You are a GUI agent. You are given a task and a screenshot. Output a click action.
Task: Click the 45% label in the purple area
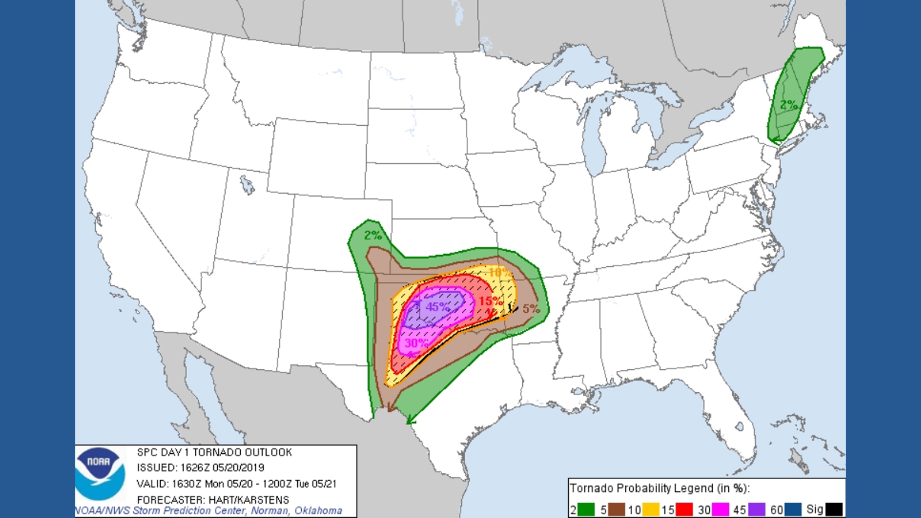(437, 307)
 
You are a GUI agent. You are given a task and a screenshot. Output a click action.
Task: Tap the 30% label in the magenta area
(416, 343)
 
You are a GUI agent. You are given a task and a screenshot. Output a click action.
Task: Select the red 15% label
(490, 301)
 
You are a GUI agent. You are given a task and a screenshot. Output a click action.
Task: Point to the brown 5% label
(531, 309)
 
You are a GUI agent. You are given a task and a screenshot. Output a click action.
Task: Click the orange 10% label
(499, 272)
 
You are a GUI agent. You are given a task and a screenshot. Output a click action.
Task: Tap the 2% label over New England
(789, 105)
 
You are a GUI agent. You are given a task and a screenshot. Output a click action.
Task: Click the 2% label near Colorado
(373, 235)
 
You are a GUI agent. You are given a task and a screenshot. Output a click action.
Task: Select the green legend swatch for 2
(586, 509)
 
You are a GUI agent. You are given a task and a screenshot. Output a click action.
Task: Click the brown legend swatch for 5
(617, 509)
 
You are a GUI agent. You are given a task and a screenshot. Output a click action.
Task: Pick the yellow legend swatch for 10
(650, 509)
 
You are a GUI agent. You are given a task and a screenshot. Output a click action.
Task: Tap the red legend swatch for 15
(685, 509)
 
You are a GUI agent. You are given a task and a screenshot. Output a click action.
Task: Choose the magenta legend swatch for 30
(720, 509)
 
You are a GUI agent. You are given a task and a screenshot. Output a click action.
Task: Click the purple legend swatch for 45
(756, 509)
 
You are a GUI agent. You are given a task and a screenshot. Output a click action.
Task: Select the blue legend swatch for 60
(793, 509)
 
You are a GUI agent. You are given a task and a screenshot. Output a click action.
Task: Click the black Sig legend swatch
(834, 509)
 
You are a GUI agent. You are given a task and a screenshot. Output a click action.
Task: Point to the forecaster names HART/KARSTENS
(248, 500)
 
